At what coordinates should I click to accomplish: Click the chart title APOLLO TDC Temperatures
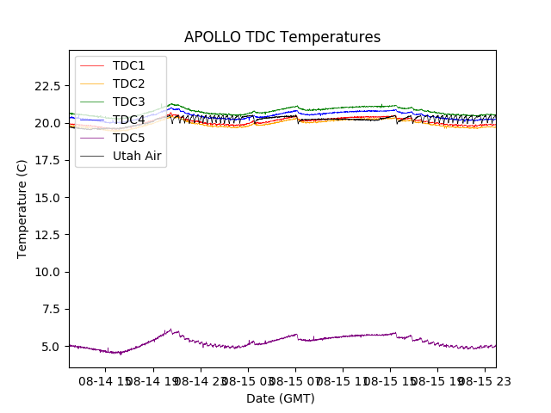point(282,37)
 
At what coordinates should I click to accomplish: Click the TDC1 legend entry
point(129,66)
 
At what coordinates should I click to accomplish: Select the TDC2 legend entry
point(129,84)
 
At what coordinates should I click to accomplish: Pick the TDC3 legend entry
point(129,102)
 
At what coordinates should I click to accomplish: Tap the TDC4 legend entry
point(129,120)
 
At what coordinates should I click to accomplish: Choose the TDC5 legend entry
point(129,138)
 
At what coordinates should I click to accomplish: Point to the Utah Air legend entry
point(137,156)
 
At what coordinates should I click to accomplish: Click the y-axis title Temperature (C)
point(22,208)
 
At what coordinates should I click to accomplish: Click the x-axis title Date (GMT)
point(281,398)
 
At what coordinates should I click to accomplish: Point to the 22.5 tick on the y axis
point(46,86)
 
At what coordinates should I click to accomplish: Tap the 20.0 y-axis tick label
point(46,123)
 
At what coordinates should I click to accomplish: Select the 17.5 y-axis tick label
point(46,160)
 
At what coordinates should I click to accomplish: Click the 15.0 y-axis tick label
point(46,197)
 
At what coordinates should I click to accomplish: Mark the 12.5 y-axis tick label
point(46,235)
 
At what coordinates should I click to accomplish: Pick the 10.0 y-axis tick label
point(46,272)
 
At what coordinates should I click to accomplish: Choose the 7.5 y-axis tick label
point(50,309)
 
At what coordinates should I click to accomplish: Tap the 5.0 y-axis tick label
point(50,346)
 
